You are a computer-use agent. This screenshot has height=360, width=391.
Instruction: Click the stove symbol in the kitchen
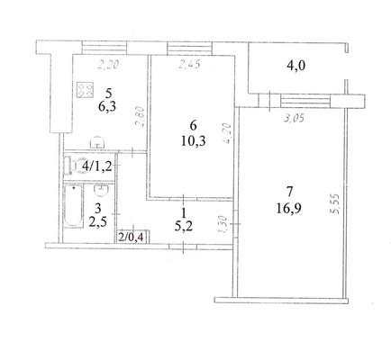coord(86,90)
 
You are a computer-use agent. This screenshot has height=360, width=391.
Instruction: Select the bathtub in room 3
coord(73,206)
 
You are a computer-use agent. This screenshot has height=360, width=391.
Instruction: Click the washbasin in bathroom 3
coord(101,190)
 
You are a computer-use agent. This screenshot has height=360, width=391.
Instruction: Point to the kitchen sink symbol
coord(97,143)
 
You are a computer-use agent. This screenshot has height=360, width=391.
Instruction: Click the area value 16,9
coord(289,208)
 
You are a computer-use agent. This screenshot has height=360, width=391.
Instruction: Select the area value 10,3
coord(193,140)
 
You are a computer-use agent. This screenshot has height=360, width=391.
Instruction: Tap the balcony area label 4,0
coord(295,65)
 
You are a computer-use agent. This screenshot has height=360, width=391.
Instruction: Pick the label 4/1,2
coord(96,166)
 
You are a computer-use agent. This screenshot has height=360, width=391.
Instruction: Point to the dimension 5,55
coord(335,204)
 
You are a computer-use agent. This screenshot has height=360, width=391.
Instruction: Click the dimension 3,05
coord(294,119)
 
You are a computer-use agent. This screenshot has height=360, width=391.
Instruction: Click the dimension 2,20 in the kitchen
coord(108,64)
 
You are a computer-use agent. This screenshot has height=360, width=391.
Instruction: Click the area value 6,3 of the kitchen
coord(107,106)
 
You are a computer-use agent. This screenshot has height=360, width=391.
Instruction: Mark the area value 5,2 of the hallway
coord(184,225)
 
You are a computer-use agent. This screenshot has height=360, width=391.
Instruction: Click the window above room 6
coord(189,49)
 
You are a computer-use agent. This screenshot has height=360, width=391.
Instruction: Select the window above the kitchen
coord(105,49)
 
